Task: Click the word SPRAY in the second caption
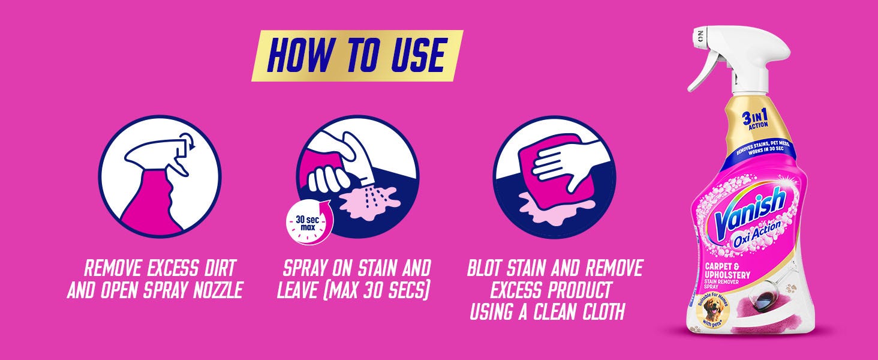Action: click(x=313, y=268)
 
